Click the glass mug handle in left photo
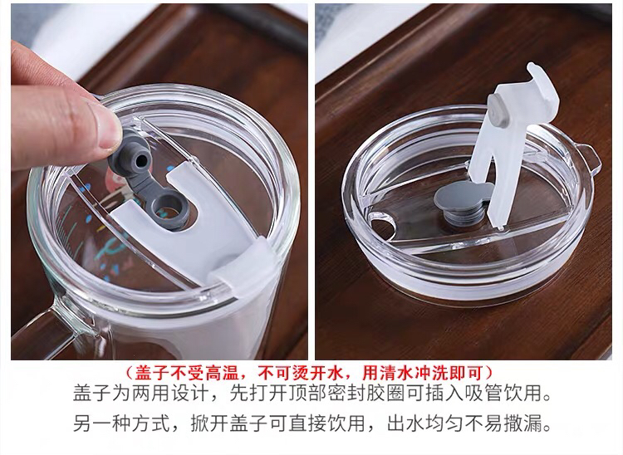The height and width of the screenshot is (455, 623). click(x=47, y=330)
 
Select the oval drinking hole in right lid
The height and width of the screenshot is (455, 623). click(x=382, y=226)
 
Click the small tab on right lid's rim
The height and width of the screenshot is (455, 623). click(x=587, y=158)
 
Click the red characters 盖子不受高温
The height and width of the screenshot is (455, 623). click(x=186, y=373)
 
